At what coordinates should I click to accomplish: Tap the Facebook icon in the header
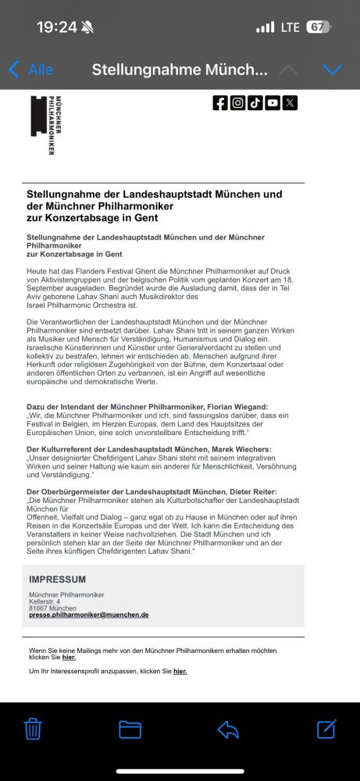[x=220, y=102]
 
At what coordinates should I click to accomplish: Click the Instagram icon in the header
[x=237, y=102]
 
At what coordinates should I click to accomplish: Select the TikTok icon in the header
[x=255, y=102]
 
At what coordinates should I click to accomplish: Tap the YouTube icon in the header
[x=273, y=102]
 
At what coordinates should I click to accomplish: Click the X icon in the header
[x=290, y=102]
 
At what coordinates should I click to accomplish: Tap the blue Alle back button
[x=31, y=70]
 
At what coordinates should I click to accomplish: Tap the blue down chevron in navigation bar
[x=333, y=70]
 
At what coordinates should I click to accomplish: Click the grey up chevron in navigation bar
[x=288, y=70]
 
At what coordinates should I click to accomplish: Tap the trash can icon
[x=32, y=729]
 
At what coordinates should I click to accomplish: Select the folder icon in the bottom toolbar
[x=130, y=729]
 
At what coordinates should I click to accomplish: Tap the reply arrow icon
[x=227, y=729]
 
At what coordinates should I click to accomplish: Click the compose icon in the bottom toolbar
[x=326, y=729]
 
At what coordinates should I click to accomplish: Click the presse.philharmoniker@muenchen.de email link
[x=88, y=615]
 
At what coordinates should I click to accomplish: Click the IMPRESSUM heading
[x=57, y=580]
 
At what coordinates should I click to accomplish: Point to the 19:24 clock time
[x=56, y=27]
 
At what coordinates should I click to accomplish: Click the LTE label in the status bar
[x=290, y=27]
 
